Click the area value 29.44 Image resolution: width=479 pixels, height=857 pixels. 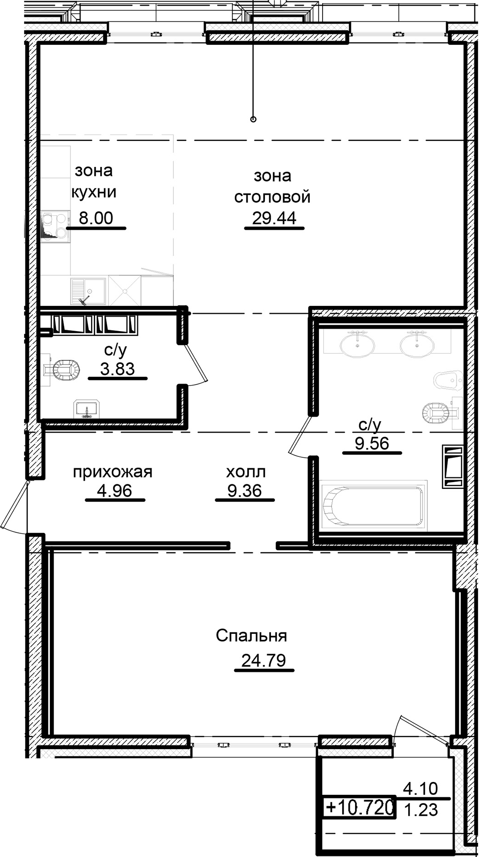tap(274, 218)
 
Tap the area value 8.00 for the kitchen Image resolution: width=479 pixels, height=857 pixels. tap(96, 218)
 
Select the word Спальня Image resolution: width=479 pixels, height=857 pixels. tap(252, 636)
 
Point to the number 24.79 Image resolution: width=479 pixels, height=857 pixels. tap(264, 660)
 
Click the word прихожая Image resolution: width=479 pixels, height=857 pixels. tap(113, 471)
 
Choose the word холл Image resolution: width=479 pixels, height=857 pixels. tap(246, 471)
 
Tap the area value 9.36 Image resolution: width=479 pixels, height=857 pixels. tap(245, 491)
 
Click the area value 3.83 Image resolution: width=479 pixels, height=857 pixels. tap(118, 369)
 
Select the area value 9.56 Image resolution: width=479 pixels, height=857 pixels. tap(372, 443)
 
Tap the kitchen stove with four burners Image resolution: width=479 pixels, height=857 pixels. tap(55, 225)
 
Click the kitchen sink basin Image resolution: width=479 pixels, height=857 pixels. tap(88, 291)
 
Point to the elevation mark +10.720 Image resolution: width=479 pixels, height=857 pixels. tap(360, 806)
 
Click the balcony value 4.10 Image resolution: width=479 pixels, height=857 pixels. tap(420, 788)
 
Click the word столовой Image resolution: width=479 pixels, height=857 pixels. tap(273, 197)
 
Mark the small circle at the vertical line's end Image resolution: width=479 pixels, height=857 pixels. tap(253, 119)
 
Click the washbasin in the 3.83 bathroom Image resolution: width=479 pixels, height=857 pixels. tap(86, 409)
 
